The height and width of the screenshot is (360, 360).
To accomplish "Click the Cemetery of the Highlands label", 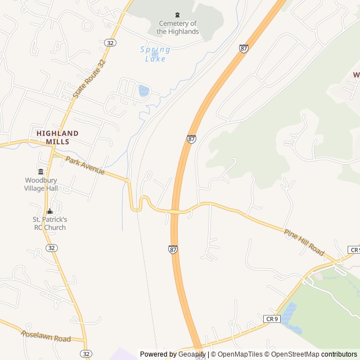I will point(178,28).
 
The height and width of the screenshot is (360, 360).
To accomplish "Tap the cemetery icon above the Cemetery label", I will point(178,15).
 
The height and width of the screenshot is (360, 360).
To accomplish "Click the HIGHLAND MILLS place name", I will point(57,137).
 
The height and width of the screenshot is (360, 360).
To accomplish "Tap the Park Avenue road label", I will point(85,165).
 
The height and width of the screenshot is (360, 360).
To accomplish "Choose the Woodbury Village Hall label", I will point(41,184).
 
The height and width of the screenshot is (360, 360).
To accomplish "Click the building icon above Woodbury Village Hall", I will point(40,172).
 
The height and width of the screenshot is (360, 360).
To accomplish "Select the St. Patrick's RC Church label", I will point(49,223).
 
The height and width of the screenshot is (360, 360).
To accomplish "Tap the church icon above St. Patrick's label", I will point(49,211).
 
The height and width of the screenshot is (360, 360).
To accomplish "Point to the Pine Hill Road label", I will point(304,242).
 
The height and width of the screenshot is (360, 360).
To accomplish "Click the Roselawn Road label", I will point(46,336).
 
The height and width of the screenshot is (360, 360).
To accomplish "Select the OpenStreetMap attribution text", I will point(293,354).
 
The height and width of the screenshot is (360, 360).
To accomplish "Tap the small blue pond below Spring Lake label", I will point(143,91).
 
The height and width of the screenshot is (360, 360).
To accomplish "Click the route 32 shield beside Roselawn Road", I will point(85,353).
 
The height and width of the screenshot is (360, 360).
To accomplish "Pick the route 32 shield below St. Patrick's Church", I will point(52,247).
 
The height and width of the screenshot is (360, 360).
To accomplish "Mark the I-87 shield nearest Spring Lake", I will point(243,49).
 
